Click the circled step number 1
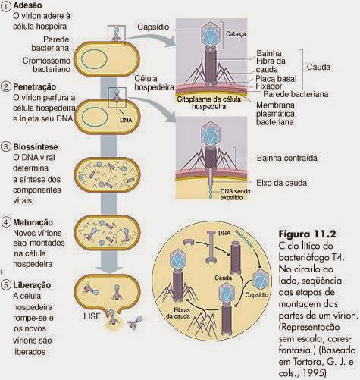pyautogui.click(x=6, y=6)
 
